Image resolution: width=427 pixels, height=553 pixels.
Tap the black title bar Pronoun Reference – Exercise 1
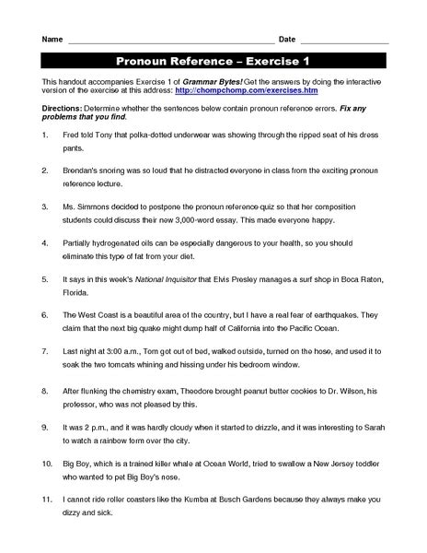point(214,63)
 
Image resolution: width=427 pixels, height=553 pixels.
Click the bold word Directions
point(63,108)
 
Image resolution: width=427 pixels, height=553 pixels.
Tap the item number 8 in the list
point(46,390)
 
